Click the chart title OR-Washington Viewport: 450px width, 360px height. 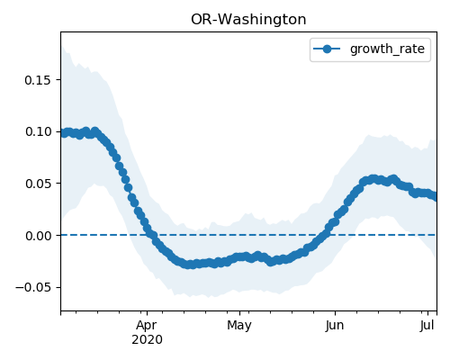[x=248, y=20]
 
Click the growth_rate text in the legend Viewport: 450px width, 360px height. [x=387, y=49]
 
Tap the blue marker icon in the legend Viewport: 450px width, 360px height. [x=327, y=49]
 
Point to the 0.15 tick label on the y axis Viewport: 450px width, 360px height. [x=38, y=80]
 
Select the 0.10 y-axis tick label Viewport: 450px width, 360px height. [x=38, y=131]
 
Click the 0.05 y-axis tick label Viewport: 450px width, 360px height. [x=38, y=184]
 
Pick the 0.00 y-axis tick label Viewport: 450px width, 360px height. [x=38, y=236]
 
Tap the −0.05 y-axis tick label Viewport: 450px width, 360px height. [x=33, y=287]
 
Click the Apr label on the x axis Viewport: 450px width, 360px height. [x=147, y=325]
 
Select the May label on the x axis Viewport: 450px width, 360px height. [x=239, y=325]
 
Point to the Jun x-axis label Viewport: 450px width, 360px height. [x=335, y=325]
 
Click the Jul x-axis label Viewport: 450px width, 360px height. [x=427, y=325]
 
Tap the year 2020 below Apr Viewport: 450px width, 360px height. [x=147, y=339]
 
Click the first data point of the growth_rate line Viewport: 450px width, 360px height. [x=64, y=133]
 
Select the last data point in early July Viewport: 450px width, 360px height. [x=434, y=197]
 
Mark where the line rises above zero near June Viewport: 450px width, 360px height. [x=327, y=235]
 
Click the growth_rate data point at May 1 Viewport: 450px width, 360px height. [x=239, y=256]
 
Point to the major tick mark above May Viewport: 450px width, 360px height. [x=239, y=313]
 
